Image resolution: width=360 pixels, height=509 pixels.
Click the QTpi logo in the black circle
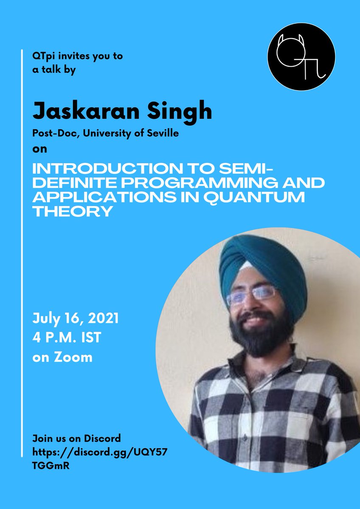pos(301,56)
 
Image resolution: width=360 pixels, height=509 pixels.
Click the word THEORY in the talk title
pos(73,211)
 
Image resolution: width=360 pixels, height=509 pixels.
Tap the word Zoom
pos(76,357)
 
